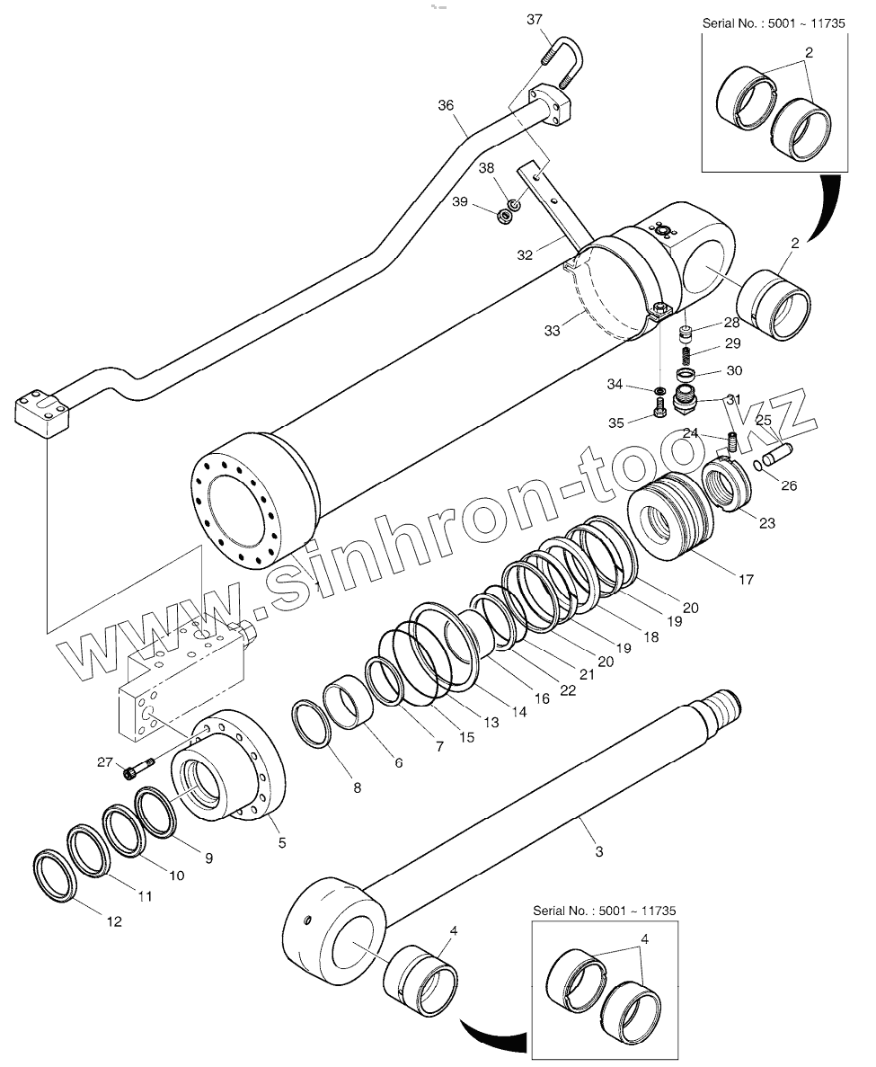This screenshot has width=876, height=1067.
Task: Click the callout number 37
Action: pos(535,20)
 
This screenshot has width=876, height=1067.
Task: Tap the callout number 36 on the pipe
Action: pos(447,105)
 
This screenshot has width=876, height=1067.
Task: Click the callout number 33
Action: pos(552,331)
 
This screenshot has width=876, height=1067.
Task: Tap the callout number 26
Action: pos(788,486)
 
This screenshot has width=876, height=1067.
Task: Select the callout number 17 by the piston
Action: pos(745,580)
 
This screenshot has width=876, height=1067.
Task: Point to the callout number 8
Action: pos(357,788)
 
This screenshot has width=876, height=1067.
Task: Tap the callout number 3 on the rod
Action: pos(600,849)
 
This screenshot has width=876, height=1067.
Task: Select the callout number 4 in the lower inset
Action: pos(644,939)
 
